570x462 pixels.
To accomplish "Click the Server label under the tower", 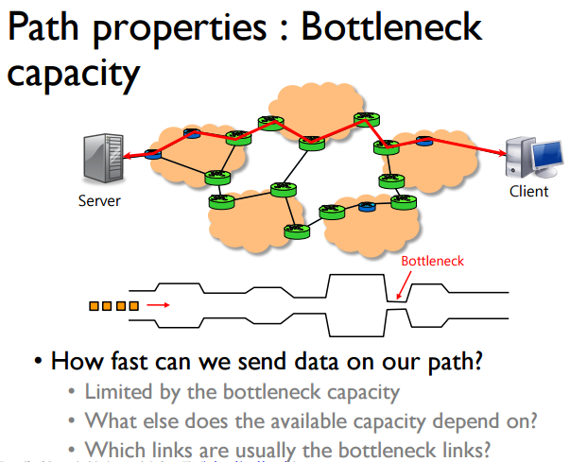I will [99, 200].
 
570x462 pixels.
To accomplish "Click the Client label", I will [528, 191].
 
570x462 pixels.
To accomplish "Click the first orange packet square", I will [94, 305].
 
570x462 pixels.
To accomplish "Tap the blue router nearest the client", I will [424, 144].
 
